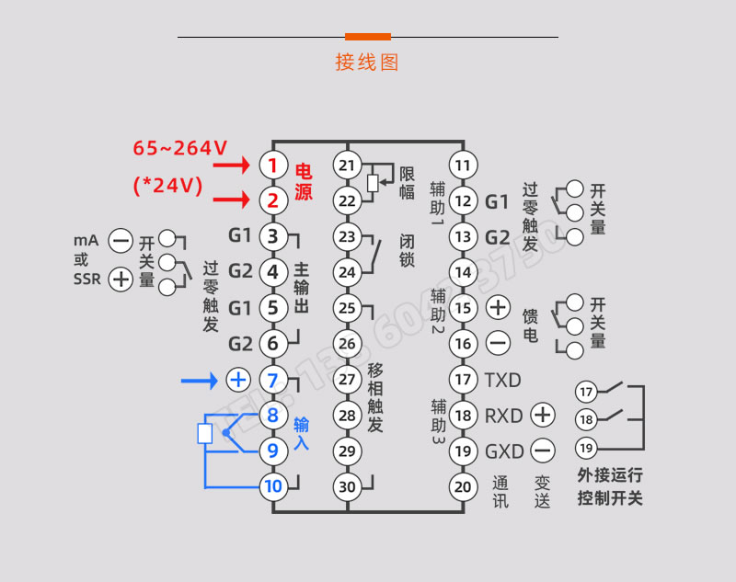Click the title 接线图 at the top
[x=367, y=63]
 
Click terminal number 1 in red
[x=272, y=165]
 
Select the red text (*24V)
[x=167, y=185]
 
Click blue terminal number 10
[x=272, y=486]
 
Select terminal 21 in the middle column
[x=347, y=165]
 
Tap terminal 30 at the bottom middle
[x=347, y=486]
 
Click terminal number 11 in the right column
[x=465, y=165]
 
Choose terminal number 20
[x=465, y=486]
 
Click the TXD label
[x=502, y=380]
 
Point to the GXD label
[x=503, y=451]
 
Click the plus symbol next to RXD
[x=543, y=415]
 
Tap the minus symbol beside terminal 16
[x=498, y=344]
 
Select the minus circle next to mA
[x=121, y=242]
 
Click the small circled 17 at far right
[x=586, y=392]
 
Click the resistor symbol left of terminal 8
[x=205, y=433]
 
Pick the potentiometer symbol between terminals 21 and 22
[x=372, y=183]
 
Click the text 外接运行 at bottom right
[x=610, y=475]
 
